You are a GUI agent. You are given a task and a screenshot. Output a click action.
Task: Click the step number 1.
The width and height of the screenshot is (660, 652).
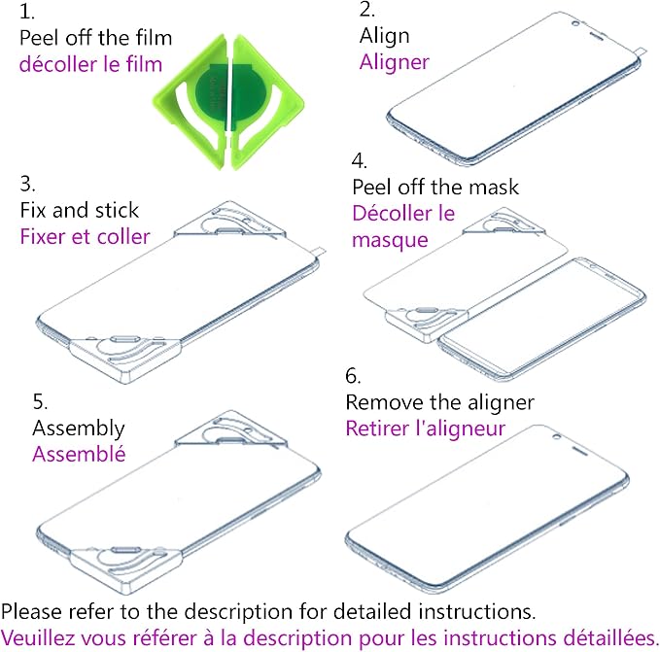click(26, 12)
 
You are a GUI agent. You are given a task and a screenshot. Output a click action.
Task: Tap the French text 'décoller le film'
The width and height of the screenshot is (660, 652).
click(90, 64)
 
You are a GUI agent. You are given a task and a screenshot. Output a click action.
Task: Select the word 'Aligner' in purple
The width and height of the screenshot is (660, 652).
click(395, 63)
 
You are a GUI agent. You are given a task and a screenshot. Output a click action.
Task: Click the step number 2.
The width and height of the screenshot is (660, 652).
click(367, 10)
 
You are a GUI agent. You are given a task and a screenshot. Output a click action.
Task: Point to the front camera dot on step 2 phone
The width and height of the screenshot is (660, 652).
click(575, 23)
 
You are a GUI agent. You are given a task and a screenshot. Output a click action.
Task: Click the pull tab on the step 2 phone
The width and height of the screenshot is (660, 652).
click(639, 51)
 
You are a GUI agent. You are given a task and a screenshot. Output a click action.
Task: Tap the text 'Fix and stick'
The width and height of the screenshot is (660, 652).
click(79, 210)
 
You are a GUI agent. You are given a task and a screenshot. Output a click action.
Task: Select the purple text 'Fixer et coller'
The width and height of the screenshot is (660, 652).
click(85, 236)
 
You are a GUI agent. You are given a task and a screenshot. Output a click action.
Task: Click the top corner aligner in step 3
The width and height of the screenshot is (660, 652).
click(229, 221)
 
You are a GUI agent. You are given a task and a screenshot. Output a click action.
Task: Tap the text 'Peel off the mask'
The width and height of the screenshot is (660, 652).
click(435, 187)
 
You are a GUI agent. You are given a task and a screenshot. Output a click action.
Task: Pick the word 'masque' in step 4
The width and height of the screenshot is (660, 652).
click(390, 241)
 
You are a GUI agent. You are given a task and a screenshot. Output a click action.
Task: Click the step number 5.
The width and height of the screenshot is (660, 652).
click(40, 401)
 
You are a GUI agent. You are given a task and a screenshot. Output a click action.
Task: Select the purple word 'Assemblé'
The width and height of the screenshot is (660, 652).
click(79, 454)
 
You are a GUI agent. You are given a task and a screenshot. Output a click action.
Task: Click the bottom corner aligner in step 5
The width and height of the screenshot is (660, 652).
click(125, 568)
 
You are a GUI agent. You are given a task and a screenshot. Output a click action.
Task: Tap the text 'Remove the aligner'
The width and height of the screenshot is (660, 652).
click(440, 402)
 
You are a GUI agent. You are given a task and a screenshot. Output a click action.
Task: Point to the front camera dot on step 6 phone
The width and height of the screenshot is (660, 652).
click(556, 437)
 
